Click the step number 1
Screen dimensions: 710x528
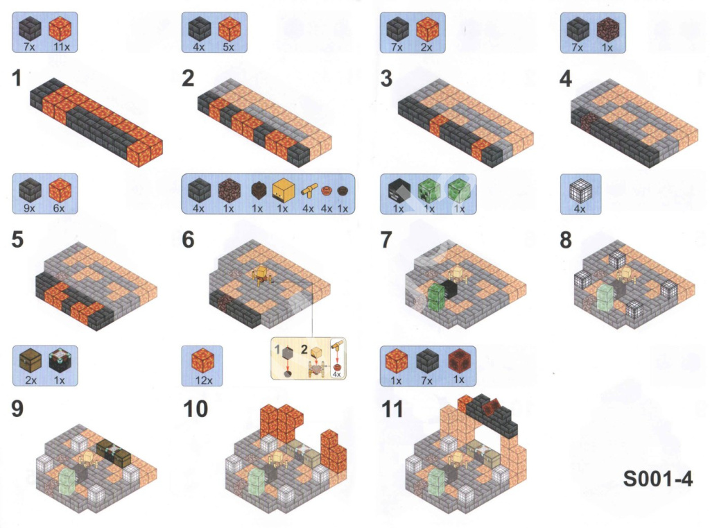[17, 78]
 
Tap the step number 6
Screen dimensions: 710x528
[188, 240]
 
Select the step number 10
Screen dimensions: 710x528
[195, 409]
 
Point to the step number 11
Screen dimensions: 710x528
[392, 409]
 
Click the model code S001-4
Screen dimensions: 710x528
[657, 479]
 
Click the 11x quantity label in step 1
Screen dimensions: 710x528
[61, 46]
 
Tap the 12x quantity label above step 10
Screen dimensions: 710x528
[203, 380]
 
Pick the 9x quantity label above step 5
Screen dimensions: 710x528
[29, 208]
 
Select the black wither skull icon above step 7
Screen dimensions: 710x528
[399, 190]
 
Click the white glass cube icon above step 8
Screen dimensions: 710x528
[580, 192]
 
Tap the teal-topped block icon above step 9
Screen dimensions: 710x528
[60, 361]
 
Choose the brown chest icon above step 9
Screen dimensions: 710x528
[31, 362]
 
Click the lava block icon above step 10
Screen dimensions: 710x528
[202, 361]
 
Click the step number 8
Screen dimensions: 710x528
[566, 240]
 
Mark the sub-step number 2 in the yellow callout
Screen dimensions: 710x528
[304, 350]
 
